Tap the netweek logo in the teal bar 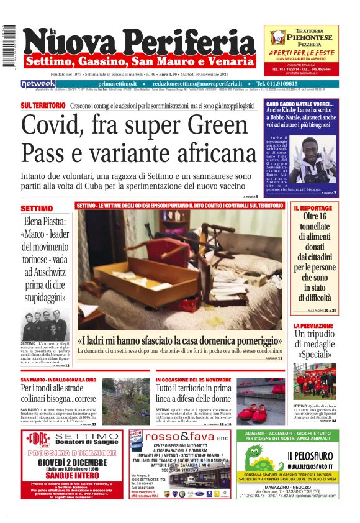click(38, 83)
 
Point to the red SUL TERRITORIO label click(43, 106)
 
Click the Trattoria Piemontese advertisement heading click(301, 34)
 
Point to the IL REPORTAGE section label click(313, 208)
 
